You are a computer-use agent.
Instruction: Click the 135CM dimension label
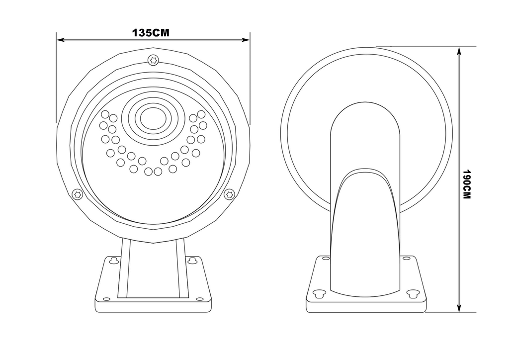pyautogui.click(x=151, y=33)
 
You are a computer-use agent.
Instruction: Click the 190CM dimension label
pyautogui.click(x=466, y=184)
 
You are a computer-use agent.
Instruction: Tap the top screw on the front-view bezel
pyautogui.click(x=153, y=60)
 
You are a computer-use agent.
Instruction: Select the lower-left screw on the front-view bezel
pyautogui.click(x=77, y=194)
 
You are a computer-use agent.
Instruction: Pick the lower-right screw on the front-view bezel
pyautogui.click(x=230, y=194)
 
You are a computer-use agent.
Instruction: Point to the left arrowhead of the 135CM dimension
pyautogui.click(x=60, y=40)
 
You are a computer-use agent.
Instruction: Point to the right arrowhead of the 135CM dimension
pyautogui.click(x=246, y=40)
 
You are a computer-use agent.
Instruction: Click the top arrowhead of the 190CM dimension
pyautogui.click(x=459, y=51)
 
